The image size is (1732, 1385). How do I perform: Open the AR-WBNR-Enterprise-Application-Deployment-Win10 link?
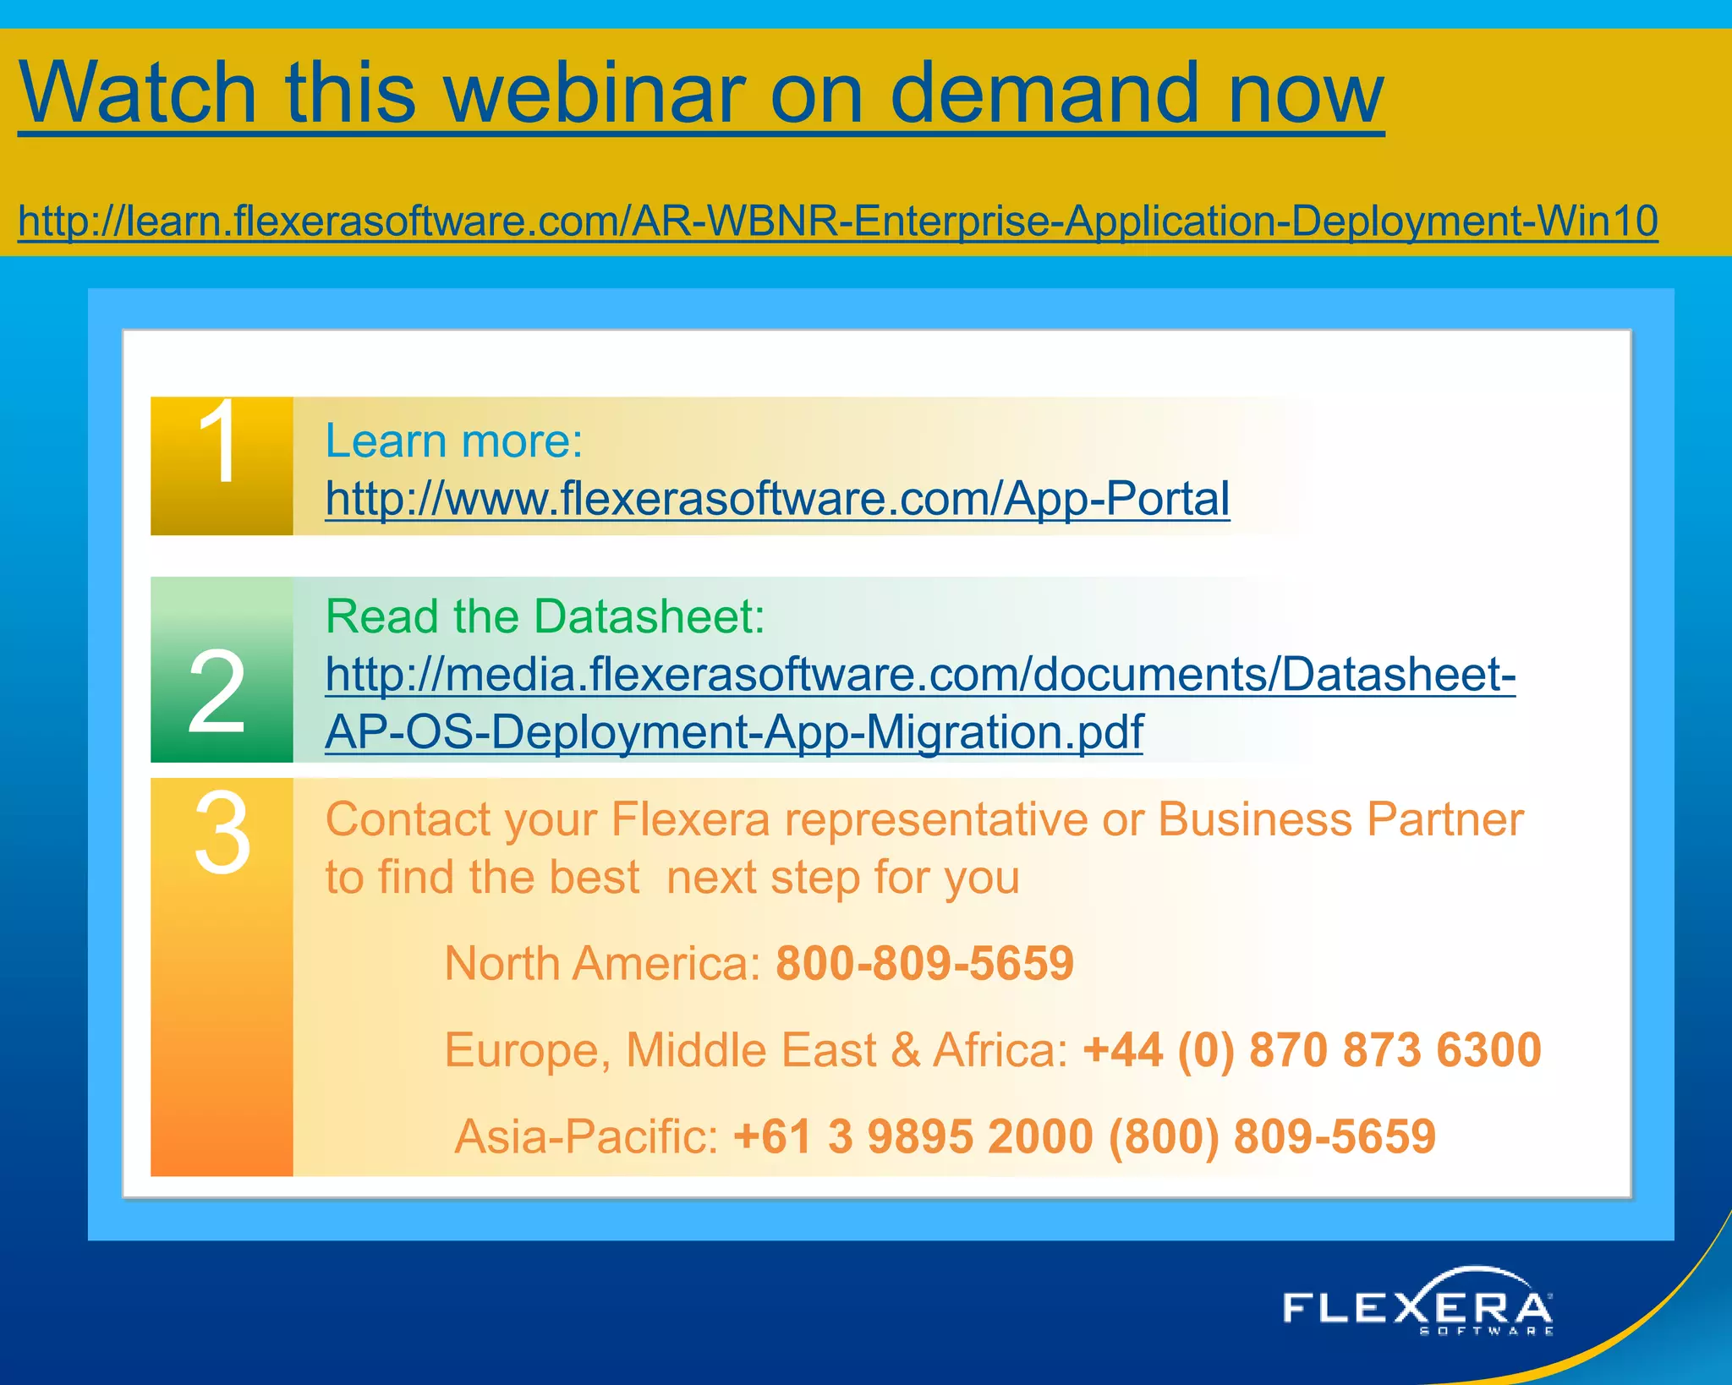coord(837,221)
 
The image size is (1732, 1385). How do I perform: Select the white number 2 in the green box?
coord(217,692)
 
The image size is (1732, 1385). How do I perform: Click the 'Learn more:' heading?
coord(454,441)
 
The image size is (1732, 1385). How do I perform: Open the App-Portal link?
coord(777,498)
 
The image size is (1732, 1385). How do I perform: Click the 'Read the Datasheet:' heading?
coord(545,616)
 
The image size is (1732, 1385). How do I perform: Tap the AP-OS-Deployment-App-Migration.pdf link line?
coord(734,731)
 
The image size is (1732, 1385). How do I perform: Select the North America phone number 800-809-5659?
coord(924,963)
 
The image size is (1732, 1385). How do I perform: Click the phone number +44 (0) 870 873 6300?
coord(1312,1049)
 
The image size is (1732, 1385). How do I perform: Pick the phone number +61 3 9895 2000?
coord(913,1136)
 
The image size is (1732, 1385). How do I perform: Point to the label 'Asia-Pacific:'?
coord(586,1136)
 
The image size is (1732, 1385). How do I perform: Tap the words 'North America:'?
coord(602,963)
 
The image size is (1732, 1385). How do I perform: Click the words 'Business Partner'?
coord(1340,818)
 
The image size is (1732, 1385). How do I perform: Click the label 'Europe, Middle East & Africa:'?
coord(756,1049)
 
